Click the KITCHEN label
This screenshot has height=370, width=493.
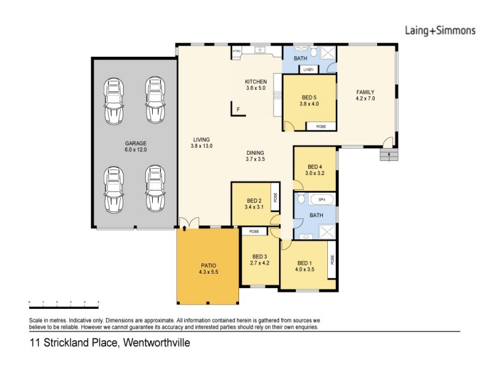255,82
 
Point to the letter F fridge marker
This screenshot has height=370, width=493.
237,111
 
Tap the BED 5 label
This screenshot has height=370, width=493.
309,97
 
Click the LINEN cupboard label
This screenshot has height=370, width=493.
308,70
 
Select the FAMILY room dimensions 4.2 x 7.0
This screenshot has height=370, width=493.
365,99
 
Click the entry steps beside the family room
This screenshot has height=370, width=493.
388,154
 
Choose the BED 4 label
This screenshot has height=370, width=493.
314,166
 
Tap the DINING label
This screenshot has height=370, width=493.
255,153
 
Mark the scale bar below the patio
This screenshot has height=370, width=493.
64,302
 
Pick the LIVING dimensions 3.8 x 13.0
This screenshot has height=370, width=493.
202,147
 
